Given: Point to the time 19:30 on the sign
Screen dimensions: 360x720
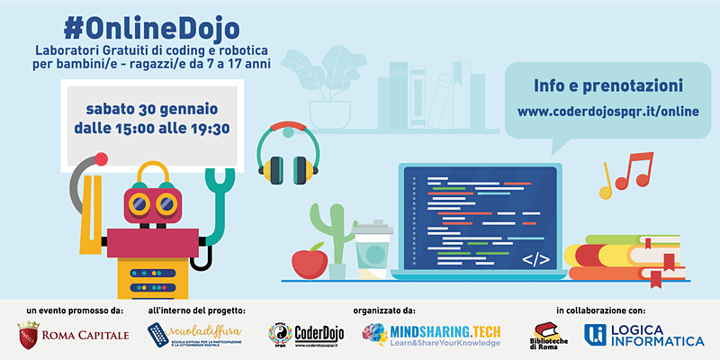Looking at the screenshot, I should (209, 129).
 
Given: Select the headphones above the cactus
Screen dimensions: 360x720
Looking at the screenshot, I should (287, 152).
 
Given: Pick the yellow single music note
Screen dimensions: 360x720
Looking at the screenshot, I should (607, 184).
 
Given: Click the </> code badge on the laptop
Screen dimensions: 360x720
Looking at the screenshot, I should (535, 260).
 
